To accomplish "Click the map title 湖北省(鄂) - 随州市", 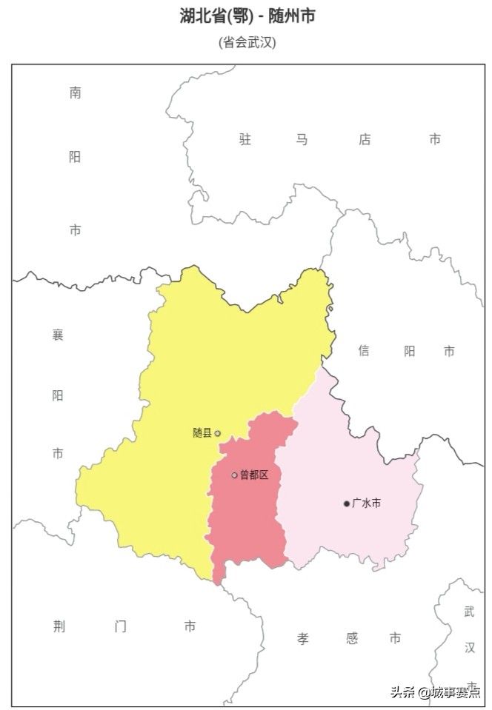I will click(247, 16).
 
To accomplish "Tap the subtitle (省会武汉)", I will click(247, 42).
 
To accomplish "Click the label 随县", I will click(202, 433).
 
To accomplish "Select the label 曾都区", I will click(254, 475).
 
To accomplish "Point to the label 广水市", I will click(366, 503).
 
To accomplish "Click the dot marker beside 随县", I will click(217, 433).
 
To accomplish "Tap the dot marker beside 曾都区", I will click(234, 475).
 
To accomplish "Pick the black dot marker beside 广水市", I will click(346, 503).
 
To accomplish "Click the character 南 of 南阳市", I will click(75, 93).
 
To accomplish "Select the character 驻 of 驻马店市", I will click(245, 139).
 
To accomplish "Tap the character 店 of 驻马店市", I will click(365, 139).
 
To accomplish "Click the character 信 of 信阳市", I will click(364, 351).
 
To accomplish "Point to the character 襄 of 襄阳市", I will click(58, 335).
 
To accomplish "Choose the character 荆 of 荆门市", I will click(60, 626).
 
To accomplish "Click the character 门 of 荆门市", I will click(121, 626).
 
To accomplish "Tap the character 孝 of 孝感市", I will click(303, 638).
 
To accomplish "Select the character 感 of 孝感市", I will click(352, 638).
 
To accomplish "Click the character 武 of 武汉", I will click(470, 612).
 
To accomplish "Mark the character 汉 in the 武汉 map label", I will click(470, 648).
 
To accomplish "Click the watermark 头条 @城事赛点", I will click(435, 692).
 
